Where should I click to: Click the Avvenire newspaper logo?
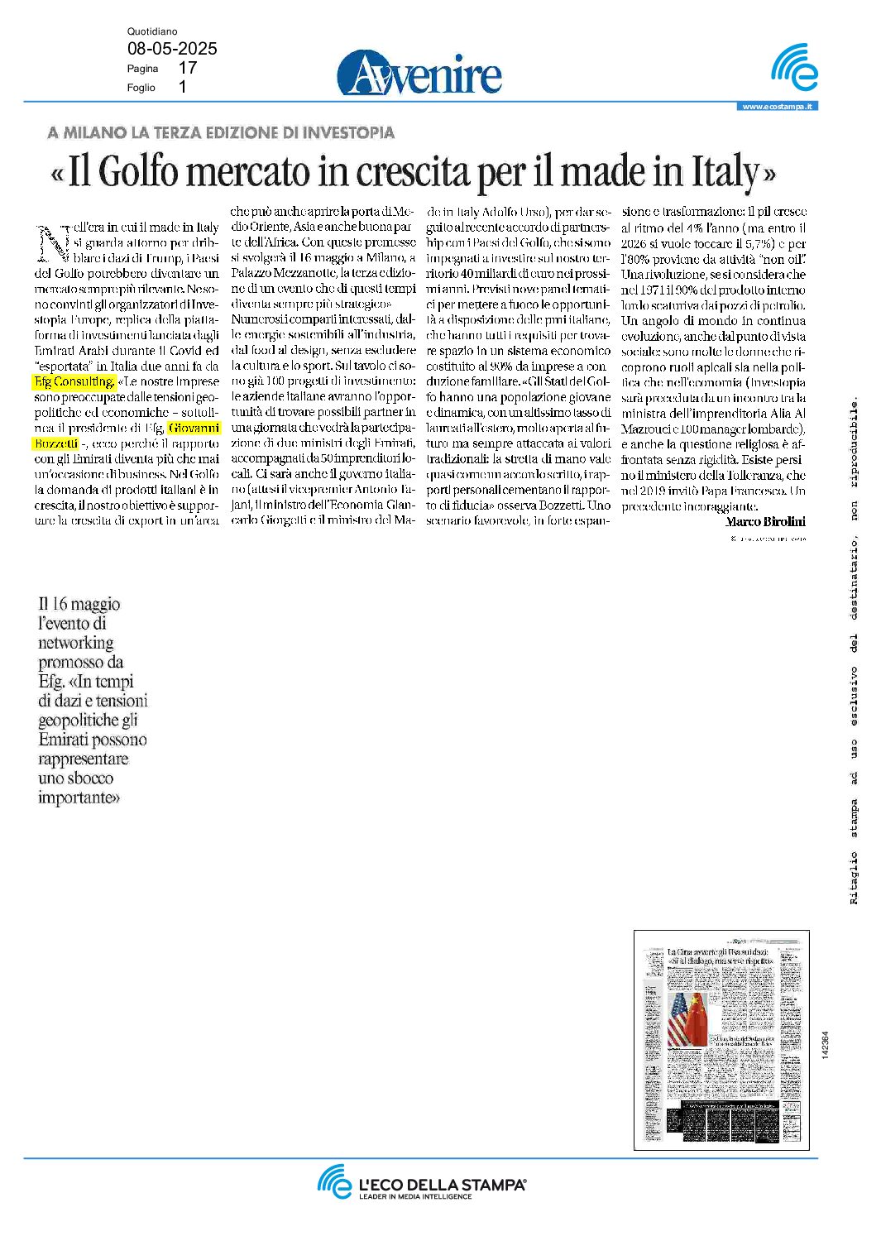[x=419, y=73]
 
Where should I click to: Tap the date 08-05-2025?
[x=172, y=49]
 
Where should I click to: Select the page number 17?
[x=188, y=68]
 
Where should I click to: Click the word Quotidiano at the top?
[x=152, y=31]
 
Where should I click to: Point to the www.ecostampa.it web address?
[x=777, y=107]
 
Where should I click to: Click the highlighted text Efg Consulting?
[x=74, y=381]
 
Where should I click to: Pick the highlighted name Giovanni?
[x=194, y=428]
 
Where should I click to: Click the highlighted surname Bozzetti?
[x=56, y=443]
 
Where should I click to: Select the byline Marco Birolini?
[x=765, y=522]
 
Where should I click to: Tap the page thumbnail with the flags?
[x=721, y=1039]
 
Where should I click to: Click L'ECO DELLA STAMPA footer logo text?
[x=442, y=1185]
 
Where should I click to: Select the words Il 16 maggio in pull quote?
[x=79, y=604]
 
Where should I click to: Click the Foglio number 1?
[x=182, y=87]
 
